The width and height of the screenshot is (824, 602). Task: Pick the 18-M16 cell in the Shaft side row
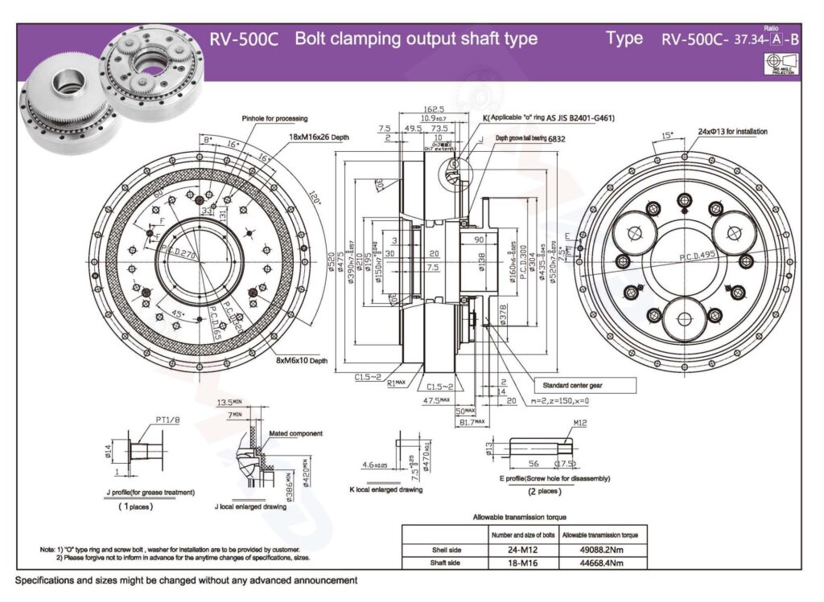tap(521, 563)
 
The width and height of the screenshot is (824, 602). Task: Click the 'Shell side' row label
tap(445, 550)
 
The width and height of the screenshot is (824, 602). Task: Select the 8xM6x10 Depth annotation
tap(303, 362)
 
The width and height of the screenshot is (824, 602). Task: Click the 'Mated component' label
tap(296, 433)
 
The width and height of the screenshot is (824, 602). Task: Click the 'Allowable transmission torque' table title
tap(520, 517)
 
